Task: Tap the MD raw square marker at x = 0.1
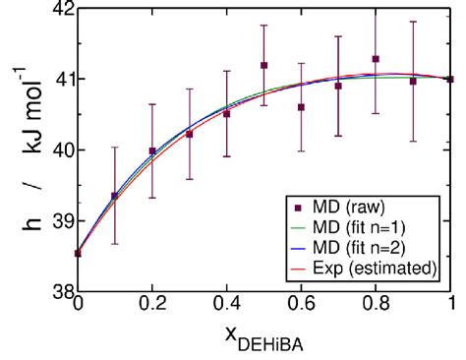tap(114, 196)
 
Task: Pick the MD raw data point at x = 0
tap(78, 253)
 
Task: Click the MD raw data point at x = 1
tap(450, 79)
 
